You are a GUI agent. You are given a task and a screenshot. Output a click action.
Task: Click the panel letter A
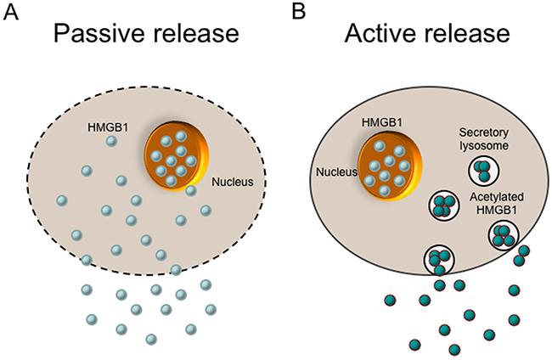click(11, 12)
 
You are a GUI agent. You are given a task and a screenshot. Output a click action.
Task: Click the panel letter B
click(298, 12)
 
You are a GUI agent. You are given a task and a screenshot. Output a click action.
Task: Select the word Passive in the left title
click(99, 37)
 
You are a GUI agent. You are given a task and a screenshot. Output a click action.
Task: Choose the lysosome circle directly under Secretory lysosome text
click(483, 170)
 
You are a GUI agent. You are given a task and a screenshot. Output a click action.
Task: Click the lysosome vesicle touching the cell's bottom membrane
click(439, 258)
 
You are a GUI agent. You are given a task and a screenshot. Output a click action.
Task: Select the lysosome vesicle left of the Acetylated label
click(442, 205)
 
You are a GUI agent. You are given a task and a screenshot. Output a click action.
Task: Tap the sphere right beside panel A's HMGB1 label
click(111, 140)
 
